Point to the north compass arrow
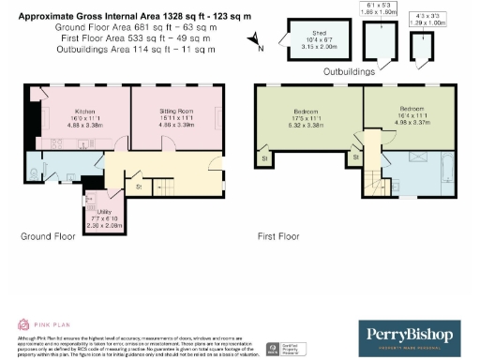click(x=257, y=38)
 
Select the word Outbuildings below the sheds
click(x=350, y=71)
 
